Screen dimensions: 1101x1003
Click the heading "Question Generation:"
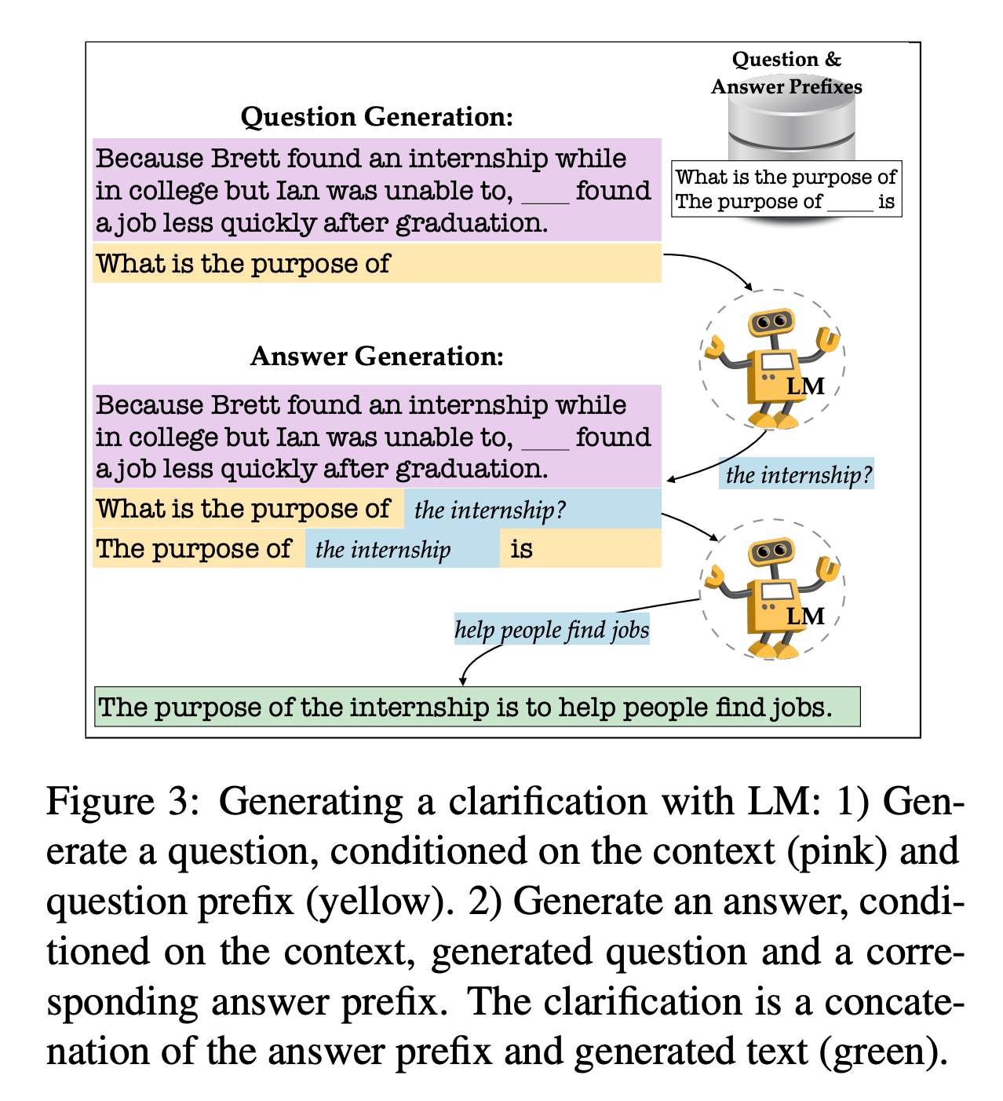coord(377,117)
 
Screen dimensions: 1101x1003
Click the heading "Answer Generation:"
coord(377,357)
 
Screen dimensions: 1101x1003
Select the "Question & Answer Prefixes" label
coord(786,73)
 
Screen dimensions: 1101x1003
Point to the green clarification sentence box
coord(477,707)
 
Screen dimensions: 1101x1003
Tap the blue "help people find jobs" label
coord(552,630)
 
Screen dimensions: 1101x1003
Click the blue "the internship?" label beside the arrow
coord(797,474)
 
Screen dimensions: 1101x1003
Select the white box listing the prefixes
coord(786,189)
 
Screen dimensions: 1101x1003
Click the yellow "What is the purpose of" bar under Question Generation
coord(377,263)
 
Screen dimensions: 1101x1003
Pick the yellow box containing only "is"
coord(581,548)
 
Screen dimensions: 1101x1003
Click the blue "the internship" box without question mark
coord(402,548)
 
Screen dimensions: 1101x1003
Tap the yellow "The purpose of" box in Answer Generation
coord(199,548)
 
